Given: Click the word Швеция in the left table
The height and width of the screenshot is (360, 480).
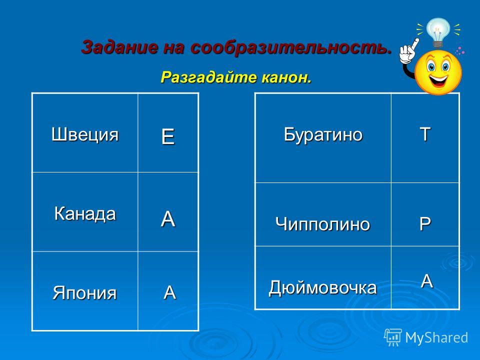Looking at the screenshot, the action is point(85,134).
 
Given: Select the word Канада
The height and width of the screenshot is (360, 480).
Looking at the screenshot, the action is point(85,213).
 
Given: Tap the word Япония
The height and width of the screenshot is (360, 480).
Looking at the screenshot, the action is point(85,292).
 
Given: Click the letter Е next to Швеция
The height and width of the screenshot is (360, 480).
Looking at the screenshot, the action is point(168,136).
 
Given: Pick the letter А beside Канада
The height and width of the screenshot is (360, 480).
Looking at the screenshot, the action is point(168,219).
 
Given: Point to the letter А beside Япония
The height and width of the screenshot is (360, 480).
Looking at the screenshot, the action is point(169,292).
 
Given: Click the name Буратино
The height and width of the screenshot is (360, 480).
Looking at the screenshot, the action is point(323,134).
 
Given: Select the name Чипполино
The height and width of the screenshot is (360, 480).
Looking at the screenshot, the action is point(322,224).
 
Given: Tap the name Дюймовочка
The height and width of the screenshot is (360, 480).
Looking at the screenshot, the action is point(322,287).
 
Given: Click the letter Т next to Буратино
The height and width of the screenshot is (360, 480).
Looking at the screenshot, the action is point(425,134).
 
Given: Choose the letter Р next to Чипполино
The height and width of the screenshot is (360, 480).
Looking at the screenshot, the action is point(425,223).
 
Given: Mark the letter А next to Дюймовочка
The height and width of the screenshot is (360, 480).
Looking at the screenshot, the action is point(426,281).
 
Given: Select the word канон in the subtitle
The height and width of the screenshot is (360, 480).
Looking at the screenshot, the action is point(286,77).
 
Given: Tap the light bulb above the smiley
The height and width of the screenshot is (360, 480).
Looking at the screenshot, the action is point(438,32).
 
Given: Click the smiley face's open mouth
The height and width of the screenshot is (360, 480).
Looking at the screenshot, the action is point(438,80).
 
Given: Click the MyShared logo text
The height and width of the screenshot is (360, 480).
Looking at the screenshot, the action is point(436,337).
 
